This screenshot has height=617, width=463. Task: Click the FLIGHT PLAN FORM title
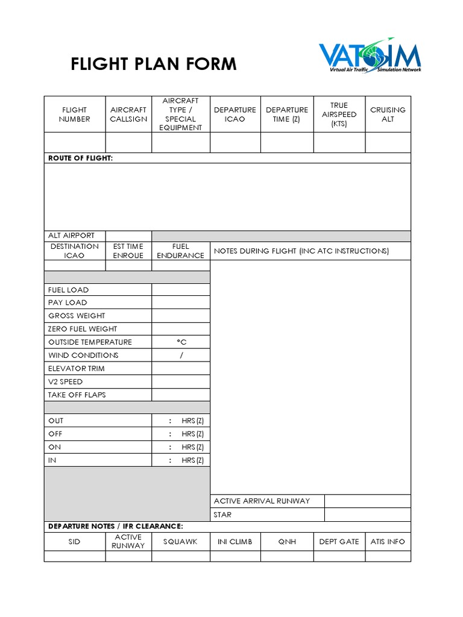click(x=154, y=64)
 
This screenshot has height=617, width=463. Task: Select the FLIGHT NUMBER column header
click(x=75, y=114)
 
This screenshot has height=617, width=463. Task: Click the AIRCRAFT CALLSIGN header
click(x=128, y=114)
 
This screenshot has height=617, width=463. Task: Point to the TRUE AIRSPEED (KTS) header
click(x=339, y=114)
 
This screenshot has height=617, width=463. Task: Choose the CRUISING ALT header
click(x=388, y=114)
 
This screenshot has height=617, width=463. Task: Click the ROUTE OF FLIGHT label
click(x=80, y=158)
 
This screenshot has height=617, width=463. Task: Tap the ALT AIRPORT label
click(x=72, y=236)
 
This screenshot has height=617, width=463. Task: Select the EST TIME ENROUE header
click(x=128, y=251)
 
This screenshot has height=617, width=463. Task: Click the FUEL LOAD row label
click(x=69, y=290)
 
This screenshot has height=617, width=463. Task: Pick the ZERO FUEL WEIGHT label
click(x=83, y=329)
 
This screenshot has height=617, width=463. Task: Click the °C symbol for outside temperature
click(x=181, y=342)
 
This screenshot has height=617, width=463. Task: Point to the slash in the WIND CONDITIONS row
click(x=181, y=355)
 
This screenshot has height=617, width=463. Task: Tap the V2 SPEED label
click(x=66, y=381)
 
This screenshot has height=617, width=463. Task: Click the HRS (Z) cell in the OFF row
click(x=192, y=434)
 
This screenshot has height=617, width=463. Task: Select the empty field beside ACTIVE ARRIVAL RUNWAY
click(x=368, y=501)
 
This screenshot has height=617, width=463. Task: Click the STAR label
click(x=222, y=515)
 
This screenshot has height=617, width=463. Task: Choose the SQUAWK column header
click(x=180, y=542)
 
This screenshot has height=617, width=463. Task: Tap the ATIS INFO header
click(x=388, y=542)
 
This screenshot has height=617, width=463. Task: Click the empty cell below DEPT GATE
click(x=339, y=556)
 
